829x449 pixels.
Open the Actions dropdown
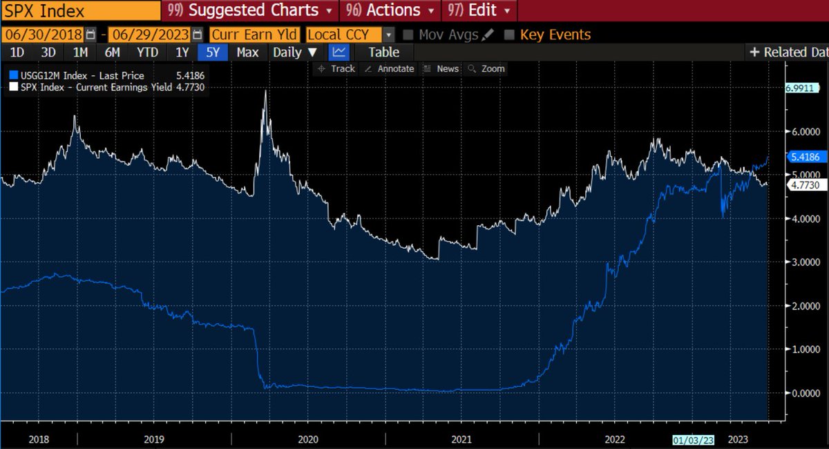[x=391, y=11]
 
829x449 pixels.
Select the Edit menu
[x=479, y=11]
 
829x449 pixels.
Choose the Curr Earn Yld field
[x=254, y=35]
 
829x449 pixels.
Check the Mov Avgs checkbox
[x=408, y=35]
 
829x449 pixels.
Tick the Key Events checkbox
[x=510, y=35]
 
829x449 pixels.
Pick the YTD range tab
[x=147, y=52]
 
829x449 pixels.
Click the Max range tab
[x=247, y=52]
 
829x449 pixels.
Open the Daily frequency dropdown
[x=295, y=52]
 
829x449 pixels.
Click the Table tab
[x=383, y=52]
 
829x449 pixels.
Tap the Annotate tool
[x=389, y=69]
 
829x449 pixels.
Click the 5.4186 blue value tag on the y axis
[x=802, y=157]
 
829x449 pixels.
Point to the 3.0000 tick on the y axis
[x=801, y=262]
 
